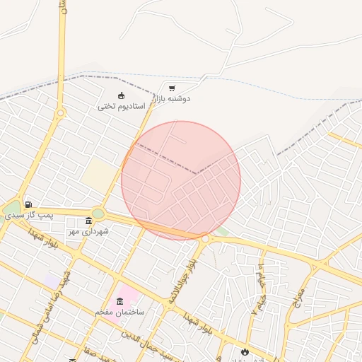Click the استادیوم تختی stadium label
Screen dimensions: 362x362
(x=121, y=107)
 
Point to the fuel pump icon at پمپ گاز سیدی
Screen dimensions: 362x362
(x=28, y=204)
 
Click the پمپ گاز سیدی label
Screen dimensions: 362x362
(x=29, y=214)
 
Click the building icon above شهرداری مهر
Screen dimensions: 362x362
(x=88, y=221)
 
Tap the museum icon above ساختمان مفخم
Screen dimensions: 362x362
(x=119, y=301)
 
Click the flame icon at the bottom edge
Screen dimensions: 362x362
(x=245, y=351)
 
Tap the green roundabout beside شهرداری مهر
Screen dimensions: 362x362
(x=98, y=214)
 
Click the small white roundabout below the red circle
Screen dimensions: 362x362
(x=205, y=239)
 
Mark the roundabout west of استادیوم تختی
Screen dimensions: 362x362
(x=61, y=112)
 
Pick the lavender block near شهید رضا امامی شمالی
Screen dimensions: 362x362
(x=52, y=282)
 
